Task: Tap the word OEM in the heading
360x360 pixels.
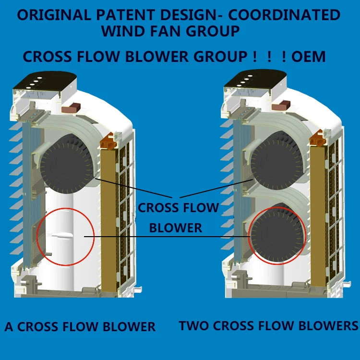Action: (309, 57)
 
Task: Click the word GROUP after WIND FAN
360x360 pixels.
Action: (211, 31)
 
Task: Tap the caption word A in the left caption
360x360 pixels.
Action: (9, 327)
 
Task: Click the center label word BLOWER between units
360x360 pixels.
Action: (176, 228)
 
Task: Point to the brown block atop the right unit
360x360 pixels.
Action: (285, 105)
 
